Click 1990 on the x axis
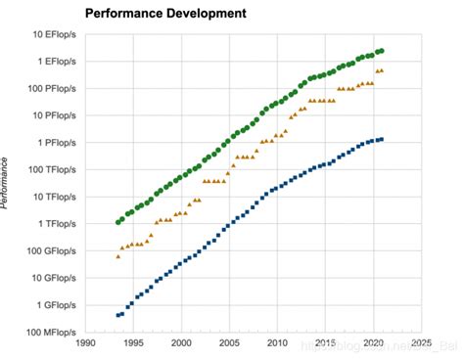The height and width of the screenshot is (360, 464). [87, 344]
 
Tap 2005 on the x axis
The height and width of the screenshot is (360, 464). [229, 344]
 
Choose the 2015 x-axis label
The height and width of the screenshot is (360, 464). [324, 344]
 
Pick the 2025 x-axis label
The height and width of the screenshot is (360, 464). [419, 344]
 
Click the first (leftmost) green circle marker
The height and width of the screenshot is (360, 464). [118, 222]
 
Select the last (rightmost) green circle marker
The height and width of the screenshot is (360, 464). [382, 50]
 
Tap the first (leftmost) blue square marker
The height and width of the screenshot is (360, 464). [118, 315]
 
